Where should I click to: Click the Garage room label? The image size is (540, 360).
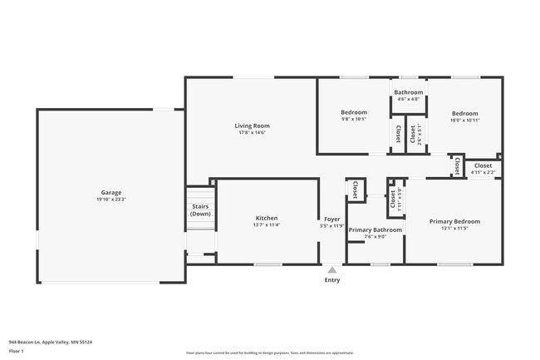click(110, 191)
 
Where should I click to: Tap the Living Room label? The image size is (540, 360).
click(253, 126)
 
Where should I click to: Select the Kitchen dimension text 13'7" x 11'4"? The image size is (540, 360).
click(266, 225)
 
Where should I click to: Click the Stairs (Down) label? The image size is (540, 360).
click(200, 210)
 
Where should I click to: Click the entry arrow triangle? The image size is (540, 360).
click(331, 269)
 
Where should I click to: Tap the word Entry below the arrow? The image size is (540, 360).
click(331, 280)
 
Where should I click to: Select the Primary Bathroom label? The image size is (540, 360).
click(375, 229)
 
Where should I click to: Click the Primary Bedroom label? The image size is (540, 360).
click(454, 221)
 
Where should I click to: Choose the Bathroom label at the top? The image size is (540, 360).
click(408, 92)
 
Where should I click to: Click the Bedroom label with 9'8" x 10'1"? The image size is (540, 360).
click(354, 112)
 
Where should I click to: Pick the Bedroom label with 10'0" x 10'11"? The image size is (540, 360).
click(464, 113)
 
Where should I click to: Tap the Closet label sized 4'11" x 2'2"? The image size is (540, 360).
click(483, 165)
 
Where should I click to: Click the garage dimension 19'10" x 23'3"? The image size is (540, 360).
click(110, 200)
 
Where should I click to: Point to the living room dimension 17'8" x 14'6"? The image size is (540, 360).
click(253, 133)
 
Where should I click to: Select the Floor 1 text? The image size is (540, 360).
click(16, 351)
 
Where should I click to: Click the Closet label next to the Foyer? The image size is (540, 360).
click(355, 190)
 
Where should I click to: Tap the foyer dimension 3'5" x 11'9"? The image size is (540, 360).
click(331, 225)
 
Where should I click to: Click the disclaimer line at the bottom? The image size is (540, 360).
click(269, 353)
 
